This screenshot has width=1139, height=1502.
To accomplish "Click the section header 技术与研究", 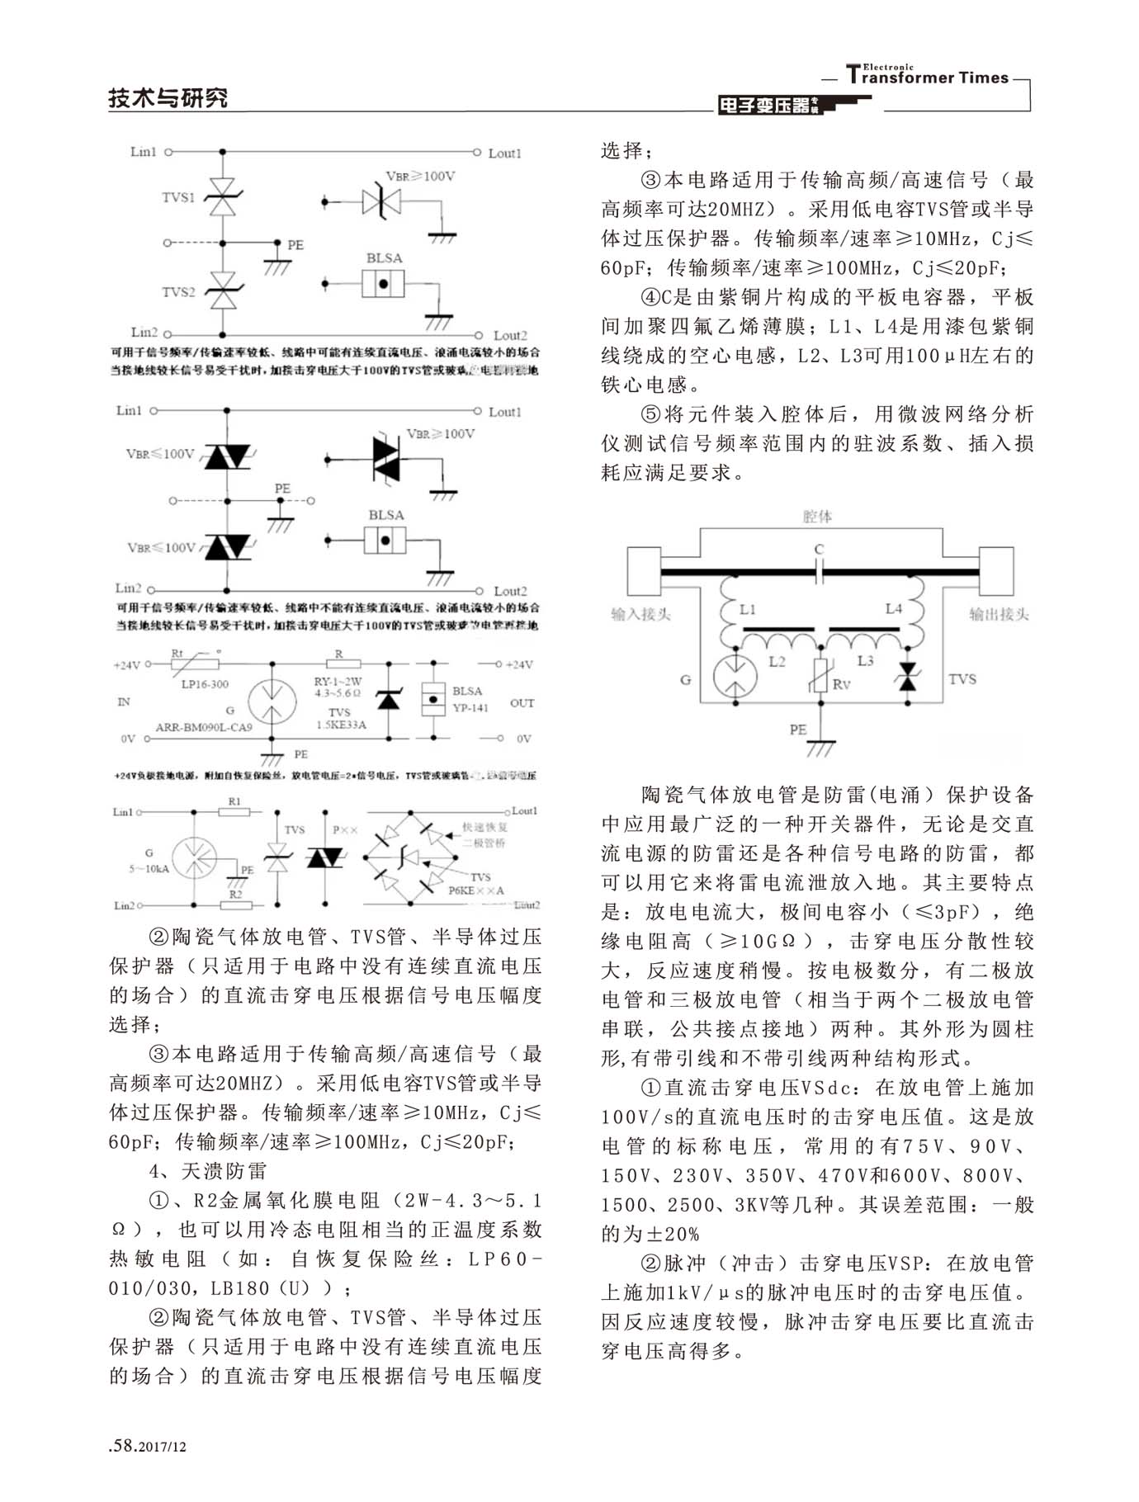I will (168, 98).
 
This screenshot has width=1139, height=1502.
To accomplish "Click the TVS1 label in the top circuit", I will (178, 197).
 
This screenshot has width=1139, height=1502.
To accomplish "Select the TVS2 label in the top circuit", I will (178, 292).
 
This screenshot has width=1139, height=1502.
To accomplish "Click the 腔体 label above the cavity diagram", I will (817, 517).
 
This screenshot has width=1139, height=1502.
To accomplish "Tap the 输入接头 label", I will (640, 614).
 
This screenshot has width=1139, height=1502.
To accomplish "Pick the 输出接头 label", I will (999, 614).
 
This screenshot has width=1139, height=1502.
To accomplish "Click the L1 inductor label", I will (748, 609).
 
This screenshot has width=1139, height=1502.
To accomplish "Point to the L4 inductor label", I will (894, 608).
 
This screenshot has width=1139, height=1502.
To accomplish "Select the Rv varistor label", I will (841, 683).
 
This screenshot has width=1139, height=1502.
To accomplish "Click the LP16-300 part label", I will (205, 684).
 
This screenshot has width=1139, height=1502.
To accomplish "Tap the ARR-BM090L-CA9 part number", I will (204, 727).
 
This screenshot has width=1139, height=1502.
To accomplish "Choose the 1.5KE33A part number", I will (341, 725).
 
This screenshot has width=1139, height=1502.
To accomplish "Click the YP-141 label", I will (470, 707).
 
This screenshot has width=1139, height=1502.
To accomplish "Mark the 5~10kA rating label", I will (149, 868).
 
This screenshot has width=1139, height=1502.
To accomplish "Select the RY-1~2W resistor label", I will (338, 682).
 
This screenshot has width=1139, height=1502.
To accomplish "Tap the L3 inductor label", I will (865, 660).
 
